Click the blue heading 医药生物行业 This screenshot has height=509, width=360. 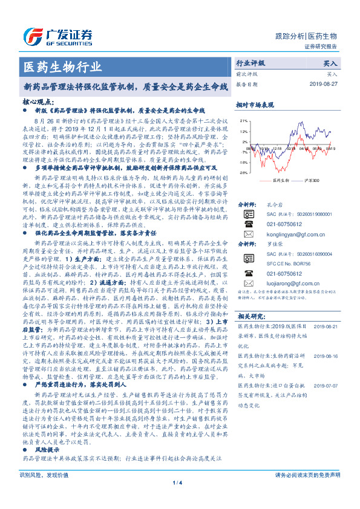point(62,65)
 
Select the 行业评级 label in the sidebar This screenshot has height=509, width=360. point(250,63)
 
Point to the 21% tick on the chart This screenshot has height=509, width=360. point(243,121)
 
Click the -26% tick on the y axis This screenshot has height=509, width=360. point(242,172)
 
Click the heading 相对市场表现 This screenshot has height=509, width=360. point(255,105)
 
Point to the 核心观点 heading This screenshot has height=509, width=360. point(38,102)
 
